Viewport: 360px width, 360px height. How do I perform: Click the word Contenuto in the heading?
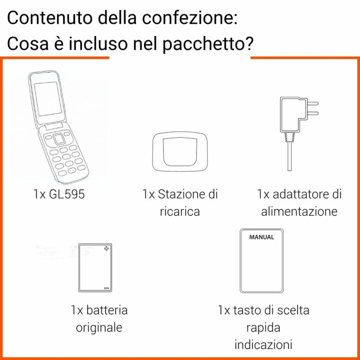pyautogui.click(x=50, y=18)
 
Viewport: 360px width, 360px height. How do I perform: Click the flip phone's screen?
pyautogui.click(x=48, y=99)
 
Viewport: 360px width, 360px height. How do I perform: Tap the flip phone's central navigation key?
pyautogui.click(x=59, y=139)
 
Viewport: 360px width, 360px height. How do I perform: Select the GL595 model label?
pyautogui.click(x=67, y=194)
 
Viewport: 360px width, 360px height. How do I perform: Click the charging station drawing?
pyautogui.click(x=180, y=152)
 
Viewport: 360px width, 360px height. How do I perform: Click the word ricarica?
pyautogui.click(x=180, y=211)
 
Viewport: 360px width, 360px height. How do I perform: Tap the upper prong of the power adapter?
pyautogui.click(x=313, y=103)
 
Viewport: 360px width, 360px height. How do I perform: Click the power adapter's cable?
pyautogui.click(x=289, y=156)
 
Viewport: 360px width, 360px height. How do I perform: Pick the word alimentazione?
pyautogui.click(x=299, y=211)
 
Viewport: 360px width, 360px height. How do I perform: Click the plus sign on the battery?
pyautogui.click(x=106, y=248)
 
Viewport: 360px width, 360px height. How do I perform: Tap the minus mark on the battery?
pyautogui.click(x=106, y=288)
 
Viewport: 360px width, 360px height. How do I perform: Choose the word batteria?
pyautogui.click(x=107, y=310)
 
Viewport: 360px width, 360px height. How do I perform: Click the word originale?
pyautogui.click(x=99, y=328)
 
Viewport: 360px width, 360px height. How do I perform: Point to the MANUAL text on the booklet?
pyautogui.click(x=262, y=237)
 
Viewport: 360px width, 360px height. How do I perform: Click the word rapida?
pyautogui.click(x=263, y=328)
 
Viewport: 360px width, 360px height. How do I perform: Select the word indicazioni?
pyautogui.click(x=263, y=344)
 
